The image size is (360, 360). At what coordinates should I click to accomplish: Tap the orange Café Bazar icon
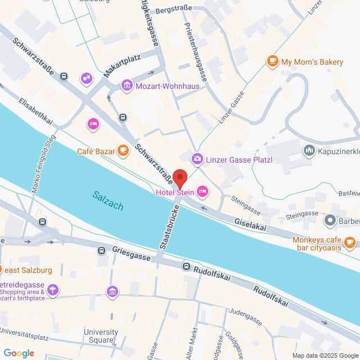[x=122, y=150]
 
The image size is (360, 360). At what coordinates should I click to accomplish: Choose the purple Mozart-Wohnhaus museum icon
[x=127, y=86]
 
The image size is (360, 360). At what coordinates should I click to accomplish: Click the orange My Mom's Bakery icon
[x=273, y=61]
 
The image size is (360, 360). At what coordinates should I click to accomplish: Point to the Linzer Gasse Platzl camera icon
[x=197, y=160]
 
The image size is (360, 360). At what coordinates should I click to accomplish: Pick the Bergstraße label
[x=174, y=8]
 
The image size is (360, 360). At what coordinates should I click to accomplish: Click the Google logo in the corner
[x=19, y=353]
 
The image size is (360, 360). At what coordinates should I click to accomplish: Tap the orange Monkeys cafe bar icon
[x=350, y=242]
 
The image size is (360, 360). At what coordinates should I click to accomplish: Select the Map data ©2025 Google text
[x=324, y=355]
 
